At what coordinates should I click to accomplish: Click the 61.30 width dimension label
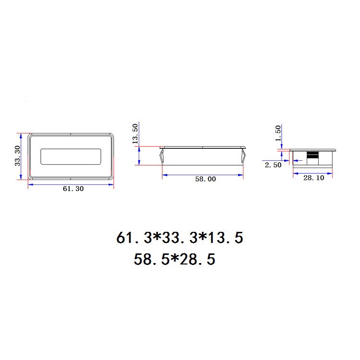tap(73, 189)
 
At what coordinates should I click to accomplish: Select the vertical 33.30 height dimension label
tap(18, 156)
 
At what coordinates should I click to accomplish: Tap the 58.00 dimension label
tap(205, 179)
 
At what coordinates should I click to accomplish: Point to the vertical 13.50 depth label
tap(135, 133)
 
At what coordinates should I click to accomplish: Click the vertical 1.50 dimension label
tap(278, 133)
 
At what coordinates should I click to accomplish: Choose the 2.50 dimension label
tap(273, 165)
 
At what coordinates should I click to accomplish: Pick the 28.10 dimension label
tap(313, 178)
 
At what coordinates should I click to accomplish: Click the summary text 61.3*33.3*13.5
tap(180, 238)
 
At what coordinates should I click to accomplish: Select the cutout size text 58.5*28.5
tap(175, 259)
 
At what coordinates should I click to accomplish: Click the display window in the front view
tap(71, 156)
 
